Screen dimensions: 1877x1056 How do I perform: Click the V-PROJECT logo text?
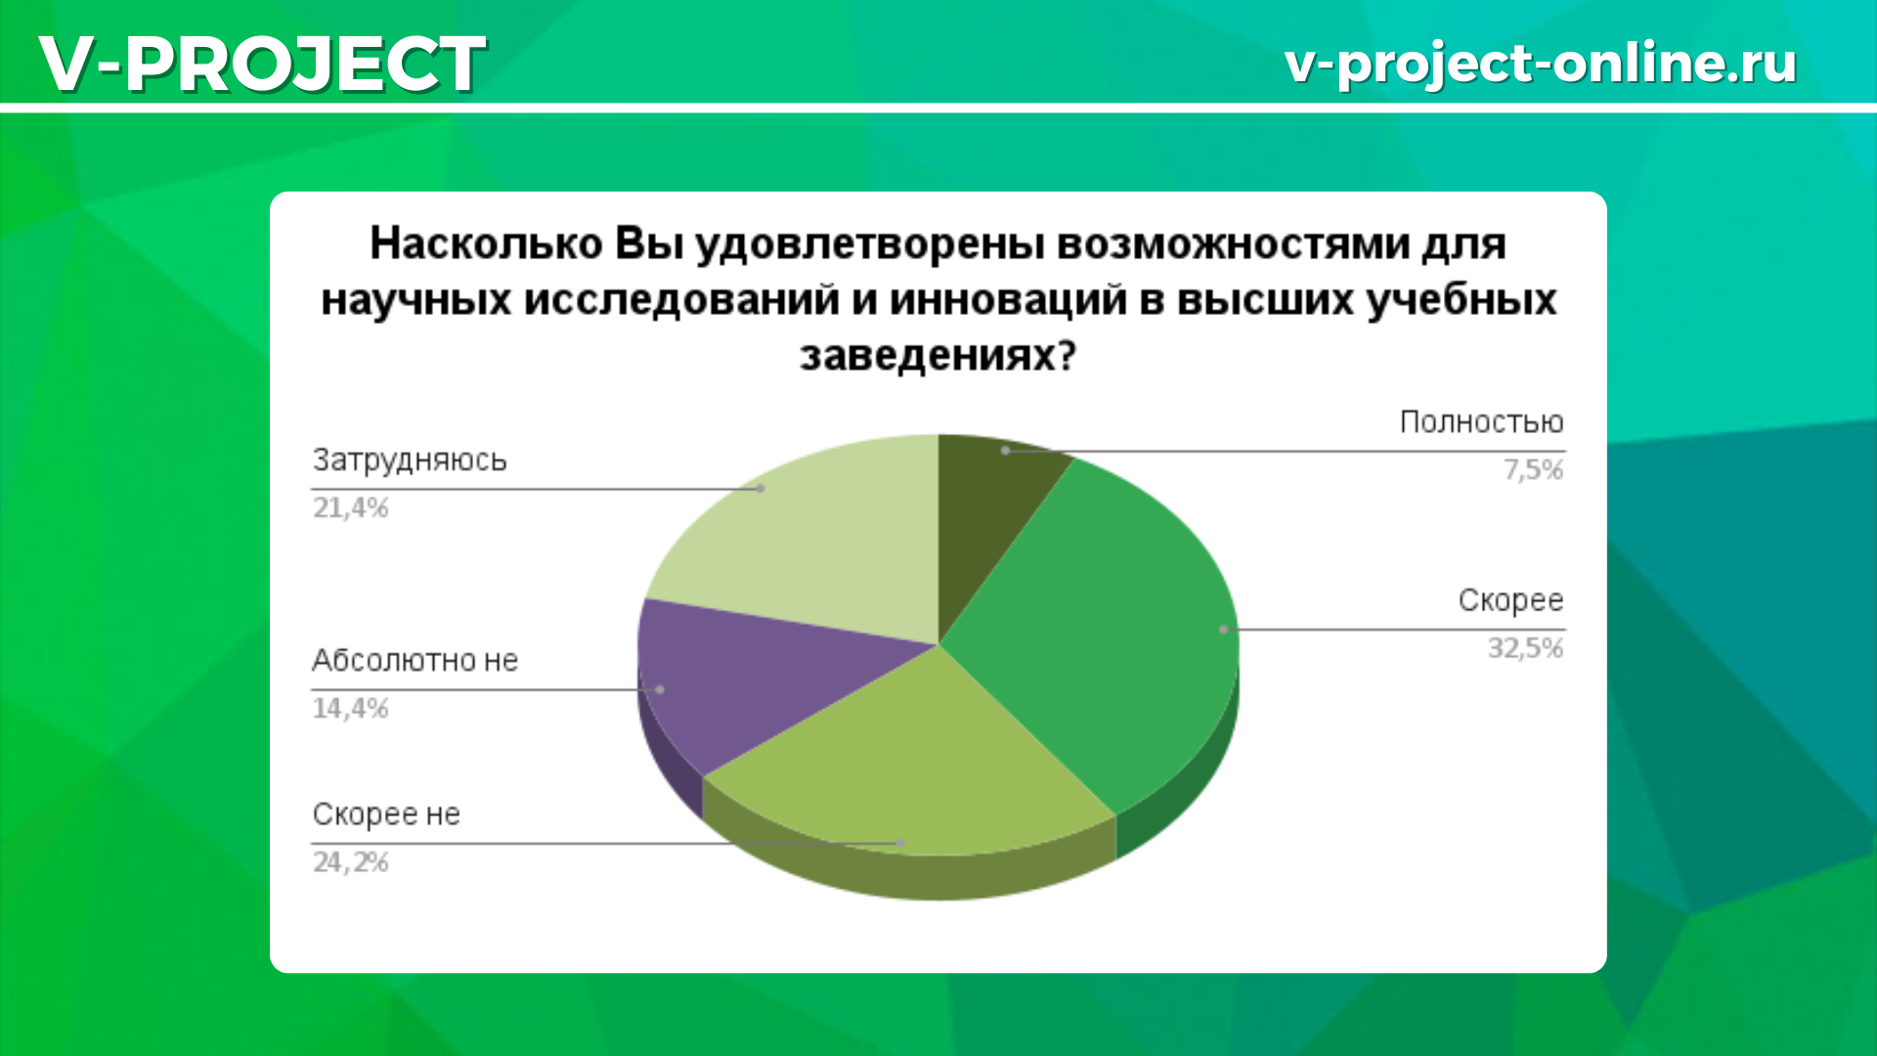click(x=262, y=64)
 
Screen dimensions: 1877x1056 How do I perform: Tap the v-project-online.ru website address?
click(x=1540, y=64)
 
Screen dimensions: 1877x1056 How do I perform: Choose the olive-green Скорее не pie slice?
click(x=909, y=763)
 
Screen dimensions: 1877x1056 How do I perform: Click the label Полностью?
click(x=1481, y=422)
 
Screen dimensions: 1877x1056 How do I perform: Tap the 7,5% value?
click(x=1533, y=470)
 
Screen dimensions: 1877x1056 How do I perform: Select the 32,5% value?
click(x=1525, y=648)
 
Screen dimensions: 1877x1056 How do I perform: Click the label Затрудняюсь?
click(x=410, y=461)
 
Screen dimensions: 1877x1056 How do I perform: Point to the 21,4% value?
click(x=350, y=507)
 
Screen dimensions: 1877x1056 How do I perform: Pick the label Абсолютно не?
click(x=415, y=661)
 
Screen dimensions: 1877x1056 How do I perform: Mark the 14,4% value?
click(x=350, y=708)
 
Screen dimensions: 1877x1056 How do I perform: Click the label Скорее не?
click(x=386, y=814)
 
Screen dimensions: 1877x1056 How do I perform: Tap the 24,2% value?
click(x=350, y=862)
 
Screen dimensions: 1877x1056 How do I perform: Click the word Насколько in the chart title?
click(x=486, y=243)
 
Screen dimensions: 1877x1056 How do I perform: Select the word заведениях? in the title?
click(x=938, y=356)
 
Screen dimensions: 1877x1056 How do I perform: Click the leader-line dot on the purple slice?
click(x=660, y=689)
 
